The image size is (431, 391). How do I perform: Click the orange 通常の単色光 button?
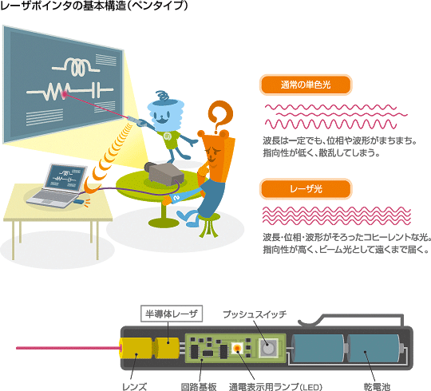point(306,85)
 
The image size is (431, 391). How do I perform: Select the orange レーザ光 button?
point(306,189)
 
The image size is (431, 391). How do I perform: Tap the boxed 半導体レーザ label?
point(172,314)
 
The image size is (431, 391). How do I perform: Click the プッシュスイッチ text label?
point(255,314)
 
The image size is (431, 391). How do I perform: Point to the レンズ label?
point(134,386)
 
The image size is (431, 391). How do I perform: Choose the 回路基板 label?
point(199,386)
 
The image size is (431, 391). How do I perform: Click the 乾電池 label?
point(377,386)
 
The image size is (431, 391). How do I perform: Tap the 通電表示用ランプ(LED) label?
point(275,386)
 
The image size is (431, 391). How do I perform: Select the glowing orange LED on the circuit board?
point(237,349)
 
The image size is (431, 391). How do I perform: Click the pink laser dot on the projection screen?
point(65,94)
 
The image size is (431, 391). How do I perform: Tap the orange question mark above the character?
point(220,115)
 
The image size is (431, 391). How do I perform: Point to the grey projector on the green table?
point(164,173)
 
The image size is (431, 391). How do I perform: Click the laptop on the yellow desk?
point(58,186)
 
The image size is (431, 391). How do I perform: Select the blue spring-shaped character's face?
point(165,116)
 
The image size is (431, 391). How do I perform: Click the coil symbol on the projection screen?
point(76,67)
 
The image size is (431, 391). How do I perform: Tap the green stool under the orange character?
point(209,225)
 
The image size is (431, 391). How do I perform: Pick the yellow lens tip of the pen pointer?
point(135,348)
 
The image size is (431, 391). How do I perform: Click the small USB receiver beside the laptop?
point(78,201)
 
